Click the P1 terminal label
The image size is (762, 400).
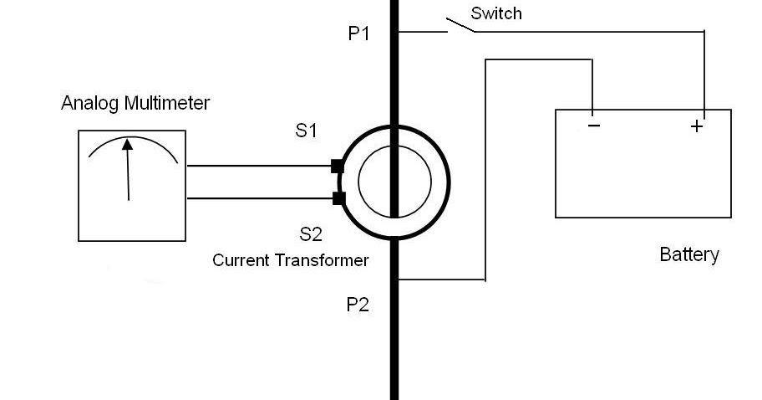tap(358, 34)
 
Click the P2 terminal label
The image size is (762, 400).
tap(358, 305)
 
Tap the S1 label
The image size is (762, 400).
tap(307, 131)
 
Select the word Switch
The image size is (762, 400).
tap(496, 13)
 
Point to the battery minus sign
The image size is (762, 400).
tap(593, 126)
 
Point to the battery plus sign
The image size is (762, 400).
tap(696, 126)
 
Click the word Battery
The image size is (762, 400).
tap(688, 254)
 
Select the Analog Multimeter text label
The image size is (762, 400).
tap(135, 104)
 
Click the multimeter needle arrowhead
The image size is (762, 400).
tap(127, 145)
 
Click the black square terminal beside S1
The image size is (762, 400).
tap(338, 166)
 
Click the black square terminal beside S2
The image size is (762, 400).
tap(338, 198)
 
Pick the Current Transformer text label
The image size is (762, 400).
tap(290, 260)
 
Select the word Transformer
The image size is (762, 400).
tap(322, 260)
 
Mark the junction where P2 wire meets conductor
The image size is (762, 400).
tap(395, 279)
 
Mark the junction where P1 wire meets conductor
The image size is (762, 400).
tap(395, 32)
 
